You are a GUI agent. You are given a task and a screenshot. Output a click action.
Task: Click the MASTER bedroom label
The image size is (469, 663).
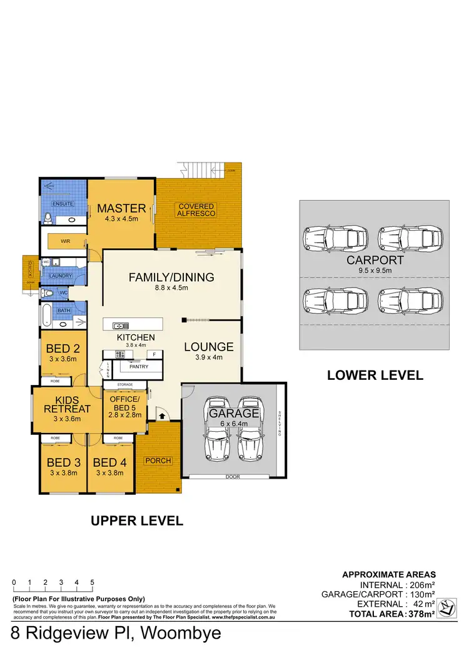121,208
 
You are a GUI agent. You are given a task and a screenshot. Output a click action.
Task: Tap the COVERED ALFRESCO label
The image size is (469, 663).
196,210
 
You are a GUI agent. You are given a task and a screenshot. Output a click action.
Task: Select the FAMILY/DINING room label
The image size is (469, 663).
171,277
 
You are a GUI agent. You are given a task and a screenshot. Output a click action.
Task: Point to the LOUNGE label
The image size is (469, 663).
209,347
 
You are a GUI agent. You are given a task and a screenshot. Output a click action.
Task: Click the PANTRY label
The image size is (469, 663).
138,367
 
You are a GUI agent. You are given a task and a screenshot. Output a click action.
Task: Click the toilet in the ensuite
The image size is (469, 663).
47,217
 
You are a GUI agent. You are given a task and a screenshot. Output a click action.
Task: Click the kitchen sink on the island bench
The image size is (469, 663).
120,326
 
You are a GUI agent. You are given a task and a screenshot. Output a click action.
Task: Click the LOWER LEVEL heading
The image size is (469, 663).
375,376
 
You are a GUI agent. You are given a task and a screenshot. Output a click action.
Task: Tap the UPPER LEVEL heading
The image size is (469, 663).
137,521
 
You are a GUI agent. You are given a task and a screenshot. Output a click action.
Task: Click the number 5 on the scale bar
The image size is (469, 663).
92,582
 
